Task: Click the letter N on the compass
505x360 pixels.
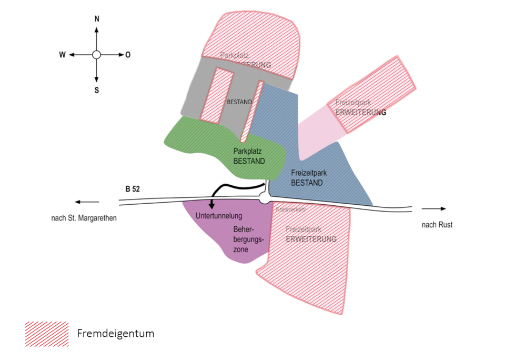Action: tap(97, 19)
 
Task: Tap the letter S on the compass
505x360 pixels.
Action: tap(97, 90)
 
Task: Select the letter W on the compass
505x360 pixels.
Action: tap(62, 55)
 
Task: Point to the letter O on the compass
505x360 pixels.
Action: tap(128, 55)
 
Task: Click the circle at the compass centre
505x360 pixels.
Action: tap(96, 55)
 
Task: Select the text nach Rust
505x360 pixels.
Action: tap(437, 225)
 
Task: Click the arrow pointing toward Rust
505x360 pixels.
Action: tap(436, 208)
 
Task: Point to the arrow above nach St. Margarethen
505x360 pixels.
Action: tap(87, 202)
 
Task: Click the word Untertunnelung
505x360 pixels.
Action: tap(218, 216)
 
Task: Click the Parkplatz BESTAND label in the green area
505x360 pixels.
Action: tap(249, 156)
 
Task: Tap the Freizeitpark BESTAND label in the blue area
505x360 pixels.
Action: tap(307, 177)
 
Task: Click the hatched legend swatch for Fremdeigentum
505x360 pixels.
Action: tap(47, 334)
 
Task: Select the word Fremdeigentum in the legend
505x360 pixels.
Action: tap(116, 334)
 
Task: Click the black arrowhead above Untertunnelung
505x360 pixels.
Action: tap(212, 206)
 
